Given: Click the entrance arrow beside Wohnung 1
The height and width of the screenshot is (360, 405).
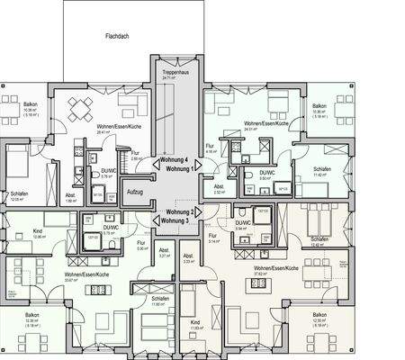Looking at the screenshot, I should (200, 168).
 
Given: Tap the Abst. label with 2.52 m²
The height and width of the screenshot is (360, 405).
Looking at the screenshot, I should (219, 186).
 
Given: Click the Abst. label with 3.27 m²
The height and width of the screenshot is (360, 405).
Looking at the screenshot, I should (164, 250).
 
